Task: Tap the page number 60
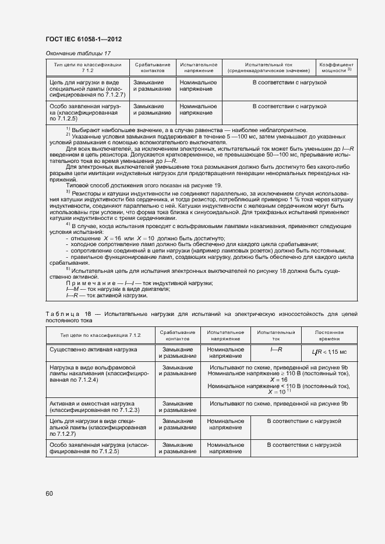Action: [49, 493]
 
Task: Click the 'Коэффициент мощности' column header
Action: [336, 67]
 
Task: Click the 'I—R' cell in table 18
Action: [276, 349]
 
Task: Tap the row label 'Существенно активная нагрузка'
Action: [94, 350]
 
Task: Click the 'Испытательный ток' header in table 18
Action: [276, 335]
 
